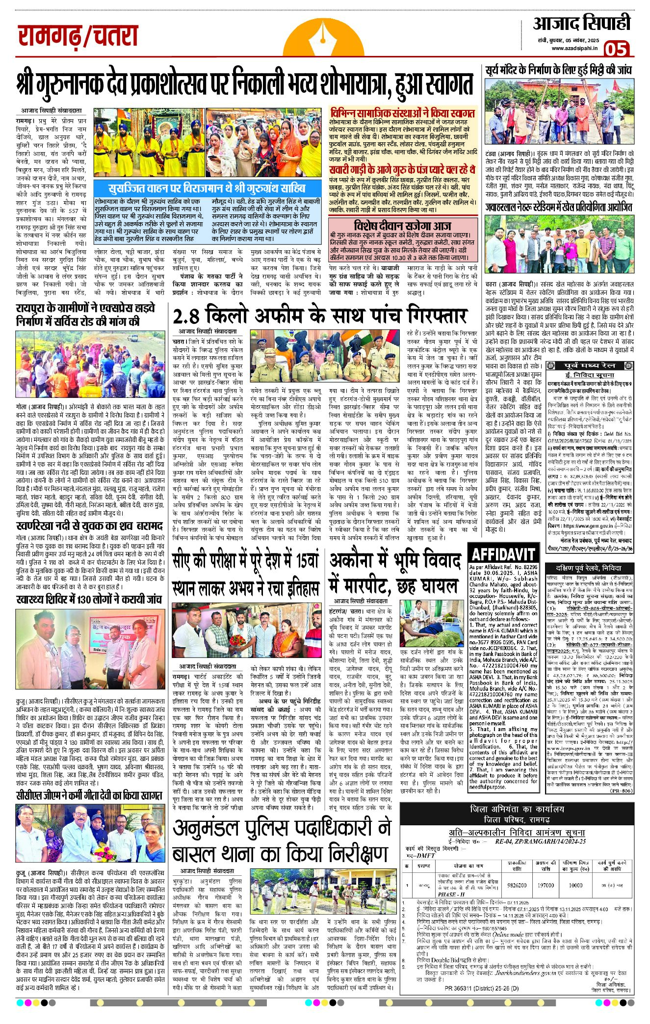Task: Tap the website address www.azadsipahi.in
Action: [574, 48]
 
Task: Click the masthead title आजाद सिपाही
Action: [582, 23]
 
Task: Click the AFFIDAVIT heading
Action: [503, 554]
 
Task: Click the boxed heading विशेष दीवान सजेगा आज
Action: [402, 225]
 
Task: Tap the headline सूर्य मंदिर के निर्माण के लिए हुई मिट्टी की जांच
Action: [558, 70]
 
